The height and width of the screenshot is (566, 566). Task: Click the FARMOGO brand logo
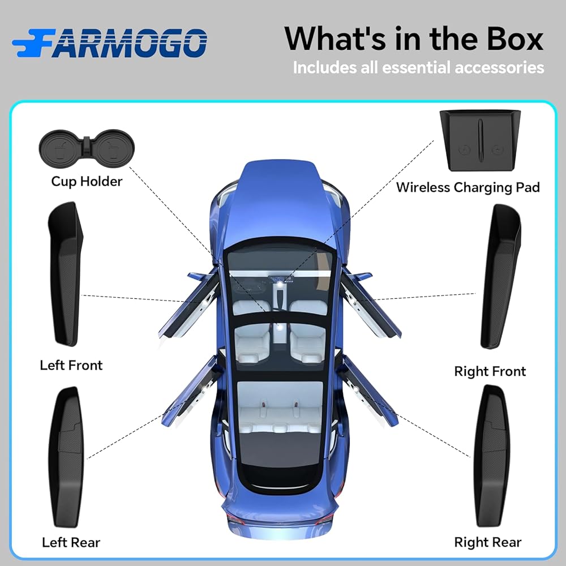click(x=109, y=42)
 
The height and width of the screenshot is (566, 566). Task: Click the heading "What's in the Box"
click(x=413, y=38)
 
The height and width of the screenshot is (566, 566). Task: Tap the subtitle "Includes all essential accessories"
click(x=418, y=68)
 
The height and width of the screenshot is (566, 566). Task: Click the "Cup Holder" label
click(x=87, y=181)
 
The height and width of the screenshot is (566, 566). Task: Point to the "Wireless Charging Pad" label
click(x=468, y=187)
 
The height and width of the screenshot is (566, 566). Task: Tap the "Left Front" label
click(x=71, y=365)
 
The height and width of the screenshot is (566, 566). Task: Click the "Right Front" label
click(x=490, y=371)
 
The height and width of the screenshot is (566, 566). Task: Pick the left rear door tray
click(x=67, y=456)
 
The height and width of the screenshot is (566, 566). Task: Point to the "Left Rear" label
click(x=71, y=542)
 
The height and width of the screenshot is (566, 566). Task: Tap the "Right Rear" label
click(x=488, y=542)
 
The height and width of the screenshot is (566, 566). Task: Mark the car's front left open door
click(x=190, y=306)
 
